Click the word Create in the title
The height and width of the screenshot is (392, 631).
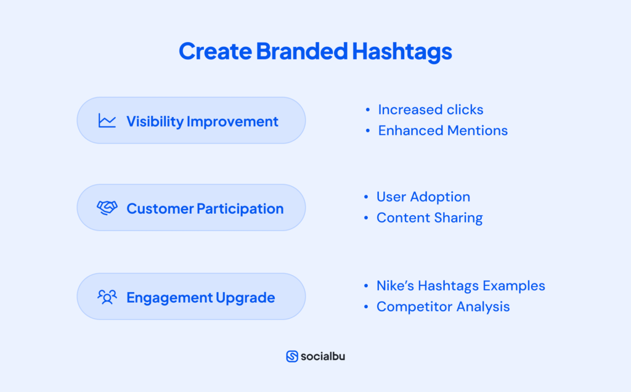pos(214,52)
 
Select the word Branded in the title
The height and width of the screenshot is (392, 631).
pos(302,52)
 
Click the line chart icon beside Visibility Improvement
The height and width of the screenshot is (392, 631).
pos(107,121)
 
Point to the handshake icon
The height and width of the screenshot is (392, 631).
pos(107,208)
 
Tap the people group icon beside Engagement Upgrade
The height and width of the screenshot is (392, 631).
pos(107,297)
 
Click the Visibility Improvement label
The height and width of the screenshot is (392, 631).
pos(202,121)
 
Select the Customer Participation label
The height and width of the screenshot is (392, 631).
pos(205,209)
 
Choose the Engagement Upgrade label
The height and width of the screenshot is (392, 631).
pos(200,298)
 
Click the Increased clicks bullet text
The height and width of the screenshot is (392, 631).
pos(430,110)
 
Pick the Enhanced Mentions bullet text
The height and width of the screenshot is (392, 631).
pos(442,131)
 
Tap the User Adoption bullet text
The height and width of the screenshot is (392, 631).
pos(423,197)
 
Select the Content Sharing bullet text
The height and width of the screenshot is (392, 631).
pos(429,218)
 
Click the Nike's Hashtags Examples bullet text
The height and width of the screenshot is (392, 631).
pos(460,286)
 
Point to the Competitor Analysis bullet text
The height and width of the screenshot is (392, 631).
pos(442,307)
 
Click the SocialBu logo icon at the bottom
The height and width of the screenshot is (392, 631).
pos(292,356)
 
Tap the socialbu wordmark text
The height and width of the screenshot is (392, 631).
pos(323,356)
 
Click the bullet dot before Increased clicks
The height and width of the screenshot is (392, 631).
pos(368,110)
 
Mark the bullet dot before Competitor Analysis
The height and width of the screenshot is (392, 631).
pos(367,307)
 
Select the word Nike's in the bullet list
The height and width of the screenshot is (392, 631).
pos(395,286)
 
